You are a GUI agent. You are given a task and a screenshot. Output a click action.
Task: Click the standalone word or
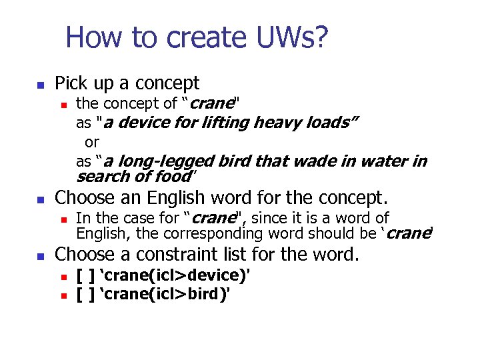click(92, 142)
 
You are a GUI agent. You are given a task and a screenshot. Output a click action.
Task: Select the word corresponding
click(245, 233)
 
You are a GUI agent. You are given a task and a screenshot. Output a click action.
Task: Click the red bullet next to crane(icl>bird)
click(64, 293)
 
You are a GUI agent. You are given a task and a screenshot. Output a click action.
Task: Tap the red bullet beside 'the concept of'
click(64, 105)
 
